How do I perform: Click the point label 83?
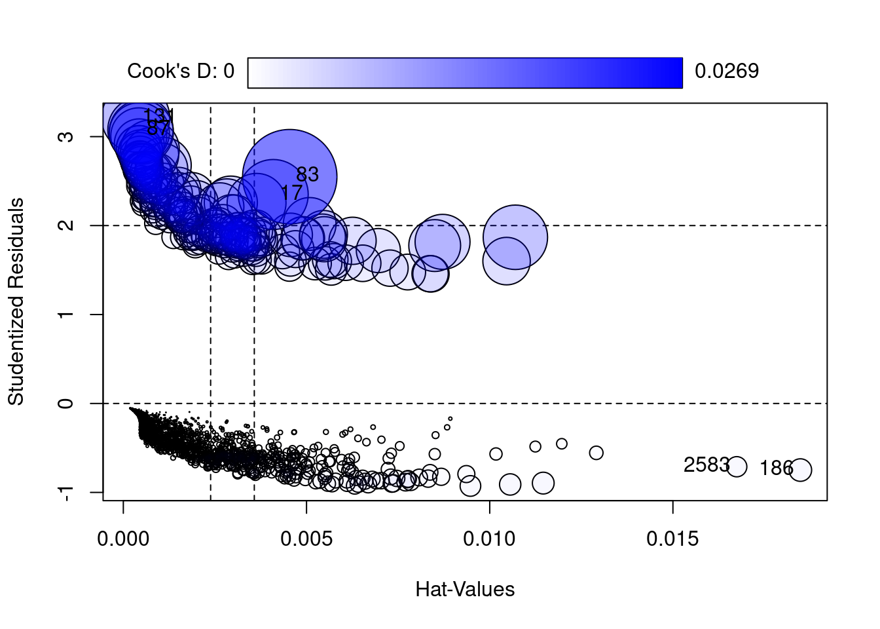point(307,174)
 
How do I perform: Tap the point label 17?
point(291,193)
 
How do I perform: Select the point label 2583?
point(706,465)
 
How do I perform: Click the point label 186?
point(776,468)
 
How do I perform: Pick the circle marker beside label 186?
point(800,470)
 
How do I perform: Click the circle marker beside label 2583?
point(737,467)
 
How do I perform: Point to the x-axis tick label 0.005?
point(306,539)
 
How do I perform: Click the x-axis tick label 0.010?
point(489,539)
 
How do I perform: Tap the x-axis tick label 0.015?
point(672,539)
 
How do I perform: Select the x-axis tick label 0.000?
point(123,539)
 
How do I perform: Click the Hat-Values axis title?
point(465,590)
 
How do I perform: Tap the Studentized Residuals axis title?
point(16,301)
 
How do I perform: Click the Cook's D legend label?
point(180,71)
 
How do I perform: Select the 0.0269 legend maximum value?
point(726,71)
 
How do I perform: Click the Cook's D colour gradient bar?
point(465,72)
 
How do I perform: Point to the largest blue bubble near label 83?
point(289,176)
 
